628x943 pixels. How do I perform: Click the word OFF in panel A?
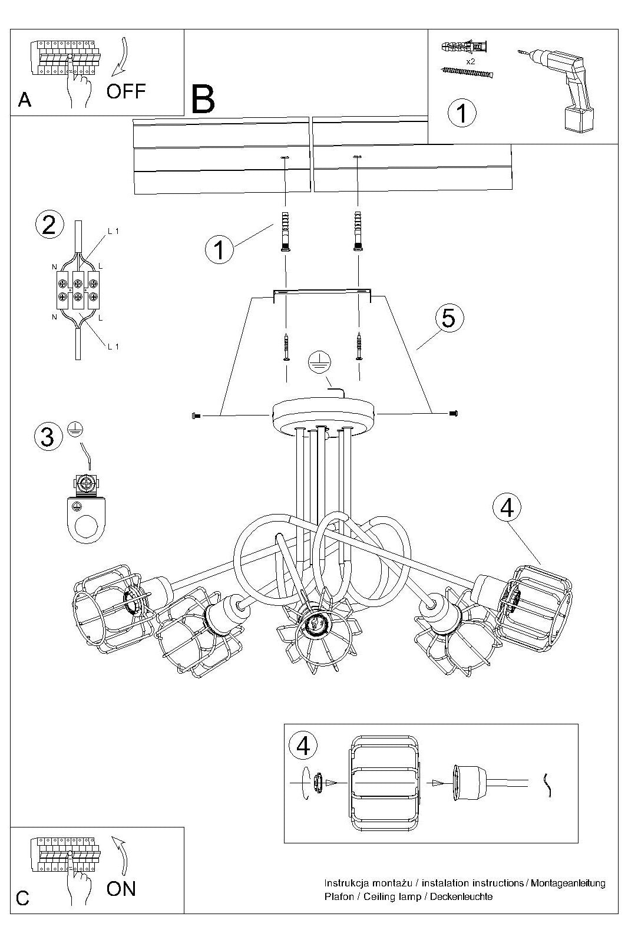point(126,91)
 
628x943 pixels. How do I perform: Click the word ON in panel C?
point(121,889)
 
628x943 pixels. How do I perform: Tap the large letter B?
point(203,100)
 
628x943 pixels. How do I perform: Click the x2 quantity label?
point(471,61)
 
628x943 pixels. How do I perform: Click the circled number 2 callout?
point(49,225)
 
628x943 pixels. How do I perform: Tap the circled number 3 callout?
point(48,437)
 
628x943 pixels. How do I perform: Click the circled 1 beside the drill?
point(462,113)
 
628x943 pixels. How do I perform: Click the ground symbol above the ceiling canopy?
point(319,362)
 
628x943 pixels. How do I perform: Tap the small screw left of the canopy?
point(196,416)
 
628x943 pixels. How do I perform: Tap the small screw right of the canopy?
point(453,413)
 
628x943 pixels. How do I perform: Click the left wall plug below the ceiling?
point(286,232)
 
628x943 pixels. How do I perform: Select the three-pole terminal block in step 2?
point(78,290)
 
